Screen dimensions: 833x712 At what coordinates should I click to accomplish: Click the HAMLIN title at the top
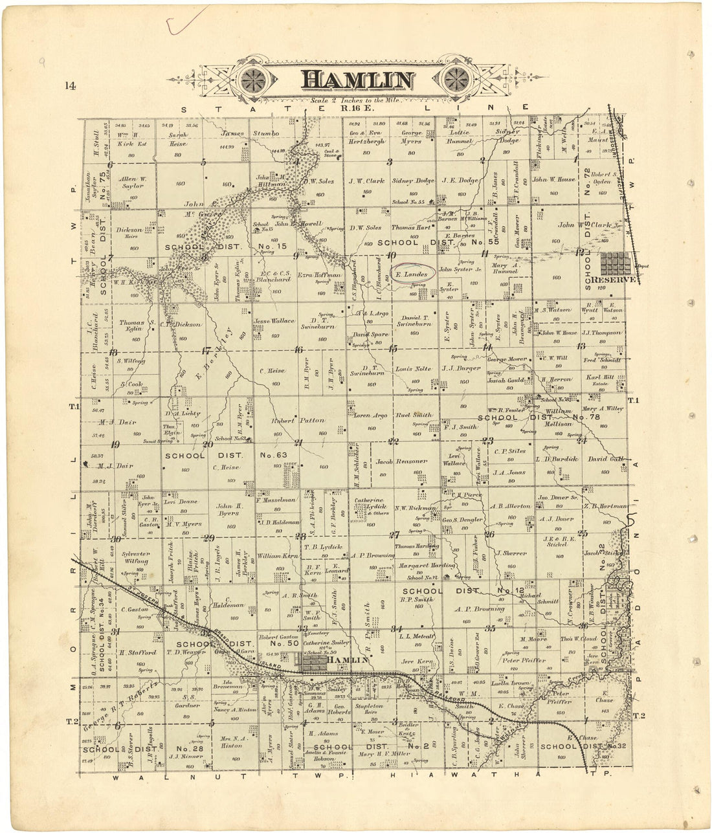(357, 80)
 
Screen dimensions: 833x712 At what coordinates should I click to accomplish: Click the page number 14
(71, 85)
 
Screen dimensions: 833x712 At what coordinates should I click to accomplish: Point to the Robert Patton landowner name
(298, 421)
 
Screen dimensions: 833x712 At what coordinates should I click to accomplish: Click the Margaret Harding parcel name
(417, 566)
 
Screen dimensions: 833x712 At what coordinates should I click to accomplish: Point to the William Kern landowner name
(277, 556)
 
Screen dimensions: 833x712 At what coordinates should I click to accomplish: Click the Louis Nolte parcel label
(413, 368)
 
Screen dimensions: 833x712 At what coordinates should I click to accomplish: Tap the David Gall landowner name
(605, 459)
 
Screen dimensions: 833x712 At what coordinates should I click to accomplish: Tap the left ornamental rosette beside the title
(258, 81)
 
